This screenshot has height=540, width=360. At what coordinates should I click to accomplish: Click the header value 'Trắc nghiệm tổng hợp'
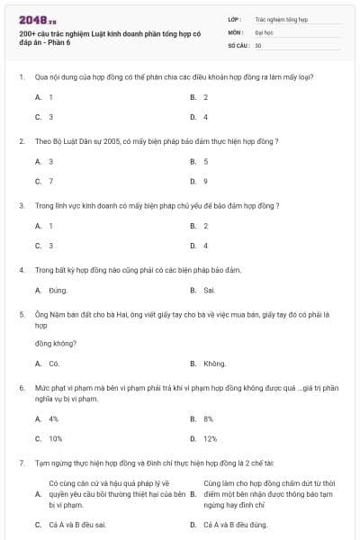[282, 18]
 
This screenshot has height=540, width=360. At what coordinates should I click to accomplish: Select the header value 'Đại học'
[265, 31]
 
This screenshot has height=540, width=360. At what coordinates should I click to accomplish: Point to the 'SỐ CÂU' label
[238, 45]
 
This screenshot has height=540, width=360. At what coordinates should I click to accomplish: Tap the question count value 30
[258, 45]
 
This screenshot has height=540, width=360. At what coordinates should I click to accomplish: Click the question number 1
[21, 77]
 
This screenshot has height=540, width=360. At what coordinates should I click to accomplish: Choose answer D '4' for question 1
[205, 117]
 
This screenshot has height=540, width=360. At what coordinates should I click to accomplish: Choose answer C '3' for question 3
[50, 246]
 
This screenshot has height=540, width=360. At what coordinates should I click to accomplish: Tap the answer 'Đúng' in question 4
[58, 291]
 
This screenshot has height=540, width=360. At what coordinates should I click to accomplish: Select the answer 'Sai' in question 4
[210, 291]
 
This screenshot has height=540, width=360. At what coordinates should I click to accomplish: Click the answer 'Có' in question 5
[54, 364]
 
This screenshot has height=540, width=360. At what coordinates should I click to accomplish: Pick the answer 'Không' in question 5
[214, 364]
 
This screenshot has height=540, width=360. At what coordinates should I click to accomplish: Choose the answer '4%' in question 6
[53, 418]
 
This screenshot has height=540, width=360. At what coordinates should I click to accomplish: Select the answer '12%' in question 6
[210, 438]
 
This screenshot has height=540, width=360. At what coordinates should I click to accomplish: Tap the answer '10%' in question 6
[55, 438]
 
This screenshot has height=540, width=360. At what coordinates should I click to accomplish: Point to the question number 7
[21, 462]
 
